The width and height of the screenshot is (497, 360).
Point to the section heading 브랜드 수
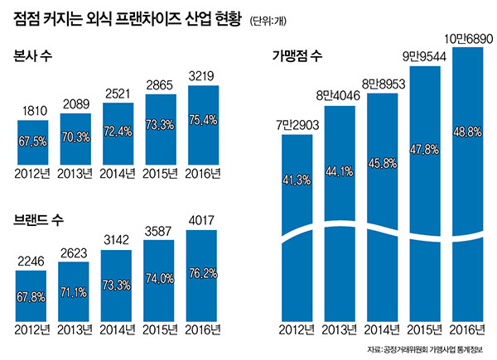[x=39, y=222]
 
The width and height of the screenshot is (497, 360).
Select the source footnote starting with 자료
[x=430, y=348]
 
